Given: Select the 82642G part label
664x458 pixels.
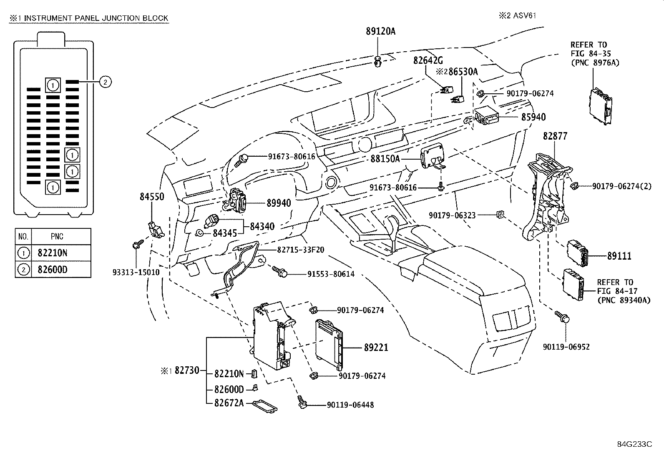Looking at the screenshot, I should (428, 60).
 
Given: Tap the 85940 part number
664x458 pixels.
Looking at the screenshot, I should (533, 118).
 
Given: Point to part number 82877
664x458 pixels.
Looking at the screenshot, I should (555, 136).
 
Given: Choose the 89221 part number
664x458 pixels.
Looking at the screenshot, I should (376, 348).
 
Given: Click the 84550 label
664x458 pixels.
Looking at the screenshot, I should (152, 197).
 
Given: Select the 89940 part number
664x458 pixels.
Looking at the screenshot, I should (279, 203).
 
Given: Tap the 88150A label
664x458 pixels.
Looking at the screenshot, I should (385, 159).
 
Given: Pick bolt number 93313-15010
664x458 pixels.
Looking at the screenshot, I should (136, 272).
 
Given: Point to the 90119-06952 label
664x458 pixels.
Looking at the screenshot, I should (566, 347).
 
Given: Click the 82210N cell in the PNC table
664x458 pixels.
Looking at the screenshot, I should (53, 253).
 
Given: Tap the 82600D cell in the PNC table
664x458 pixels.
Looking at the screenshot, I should (53, 270).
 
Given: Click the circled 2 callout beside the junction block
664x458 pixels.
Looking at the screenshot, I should (105, 82).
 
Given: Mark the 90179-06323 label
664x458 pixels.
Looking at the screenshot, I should (452, 215).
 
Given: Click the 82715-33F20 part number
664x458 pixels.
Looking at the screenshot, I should (301, 250).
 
